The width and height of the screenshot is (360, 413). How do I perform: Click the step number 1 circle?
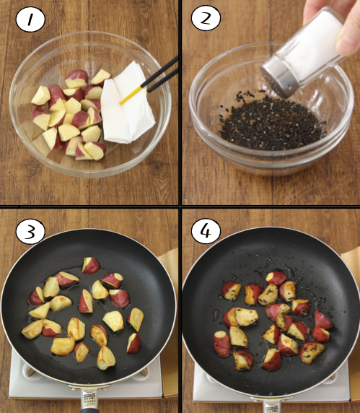(x=30, y=19)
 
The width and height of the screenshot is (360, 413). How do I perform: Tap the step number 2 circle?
(x=206, y=18)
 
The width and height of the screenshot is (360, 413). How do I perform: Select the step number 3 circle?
(x=30, y=232)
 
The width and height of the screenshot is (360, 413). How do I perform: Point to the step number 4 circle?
(x=206, y=231)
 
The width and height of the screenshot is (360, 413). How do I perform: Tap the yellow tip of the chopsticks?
(x=131, y=95)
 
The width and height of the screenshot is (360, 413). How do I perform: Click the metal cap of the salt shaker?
(x=279, y=77)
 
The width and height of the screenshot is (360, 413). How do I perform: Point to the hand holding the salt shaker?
(x=340, y=24)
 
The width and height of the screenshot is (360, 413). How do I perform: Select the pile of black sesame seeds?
(x=271, y=123)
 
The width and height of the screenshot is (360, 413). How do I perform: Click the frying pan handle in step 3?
(x=90, y=400)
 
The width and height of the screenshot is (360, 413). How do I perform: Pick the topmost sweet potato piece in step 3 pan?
(x=91, y=266)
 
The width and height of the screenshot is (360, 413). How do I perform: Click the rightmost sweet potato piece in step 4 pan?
(x=323, y=320)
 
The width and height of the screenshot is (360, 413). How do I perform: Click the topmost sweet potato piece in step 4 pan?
(x=276, y=279)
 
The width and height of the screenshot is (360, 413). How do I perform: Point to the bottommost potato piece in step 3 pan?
(x=106, y=358)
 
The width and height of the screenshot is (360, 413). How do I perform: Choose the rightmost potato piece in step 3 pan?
(x=136, y=319)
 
